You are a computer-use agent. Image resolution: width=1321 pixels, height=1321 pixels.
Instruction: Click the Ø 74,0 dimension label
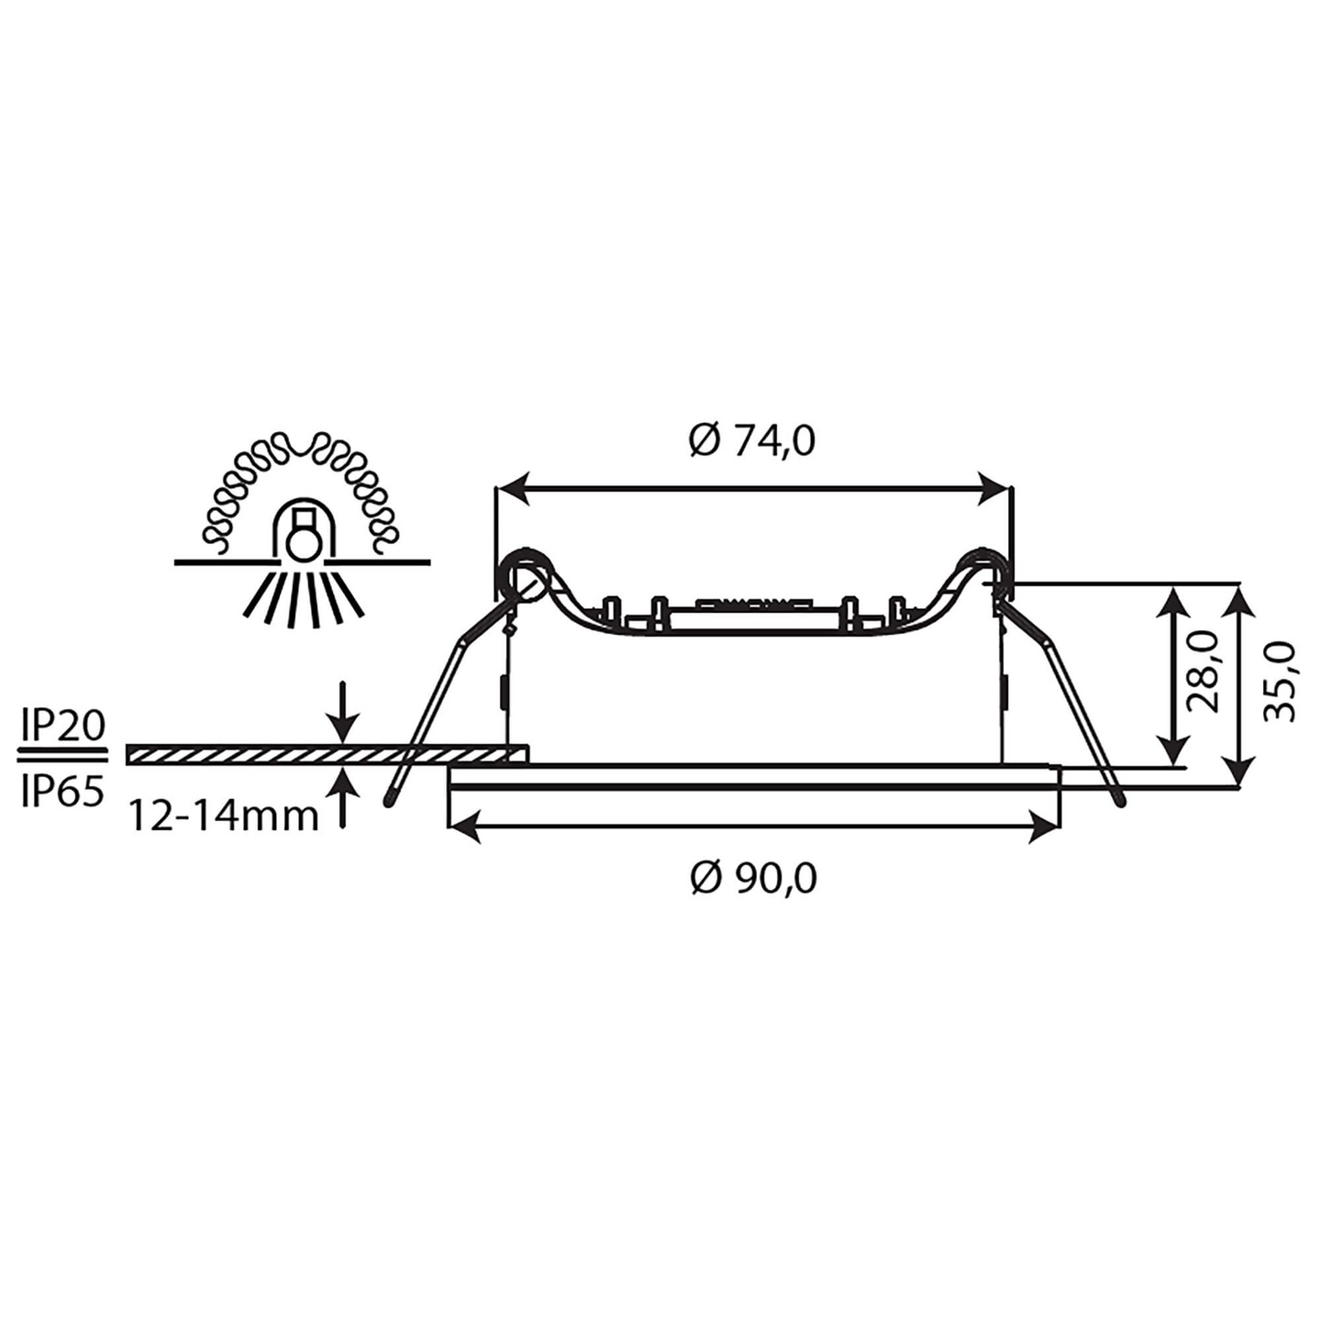click(752, 441)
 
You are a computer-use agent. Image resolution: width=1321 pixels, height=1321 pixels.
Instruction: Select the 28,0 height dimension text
click(1202, 672)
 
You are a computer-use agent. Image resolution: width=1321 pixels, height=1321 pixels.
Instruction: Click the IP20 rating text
click(62, 727)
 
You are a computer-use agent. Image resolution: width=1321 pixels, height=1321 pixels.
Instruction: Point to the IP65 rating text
click(62, 791)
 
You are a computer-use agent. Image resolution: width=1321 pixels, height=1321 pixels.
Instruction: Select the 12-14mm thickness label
click(223, 816)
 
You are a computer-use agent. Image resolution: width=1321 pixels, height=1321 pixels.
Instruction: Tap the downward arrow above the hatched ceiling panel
click(343, 716)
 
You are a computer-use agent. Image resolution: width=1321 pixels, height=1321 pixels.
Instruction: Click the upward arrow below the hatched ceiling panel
click(343, 794)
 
